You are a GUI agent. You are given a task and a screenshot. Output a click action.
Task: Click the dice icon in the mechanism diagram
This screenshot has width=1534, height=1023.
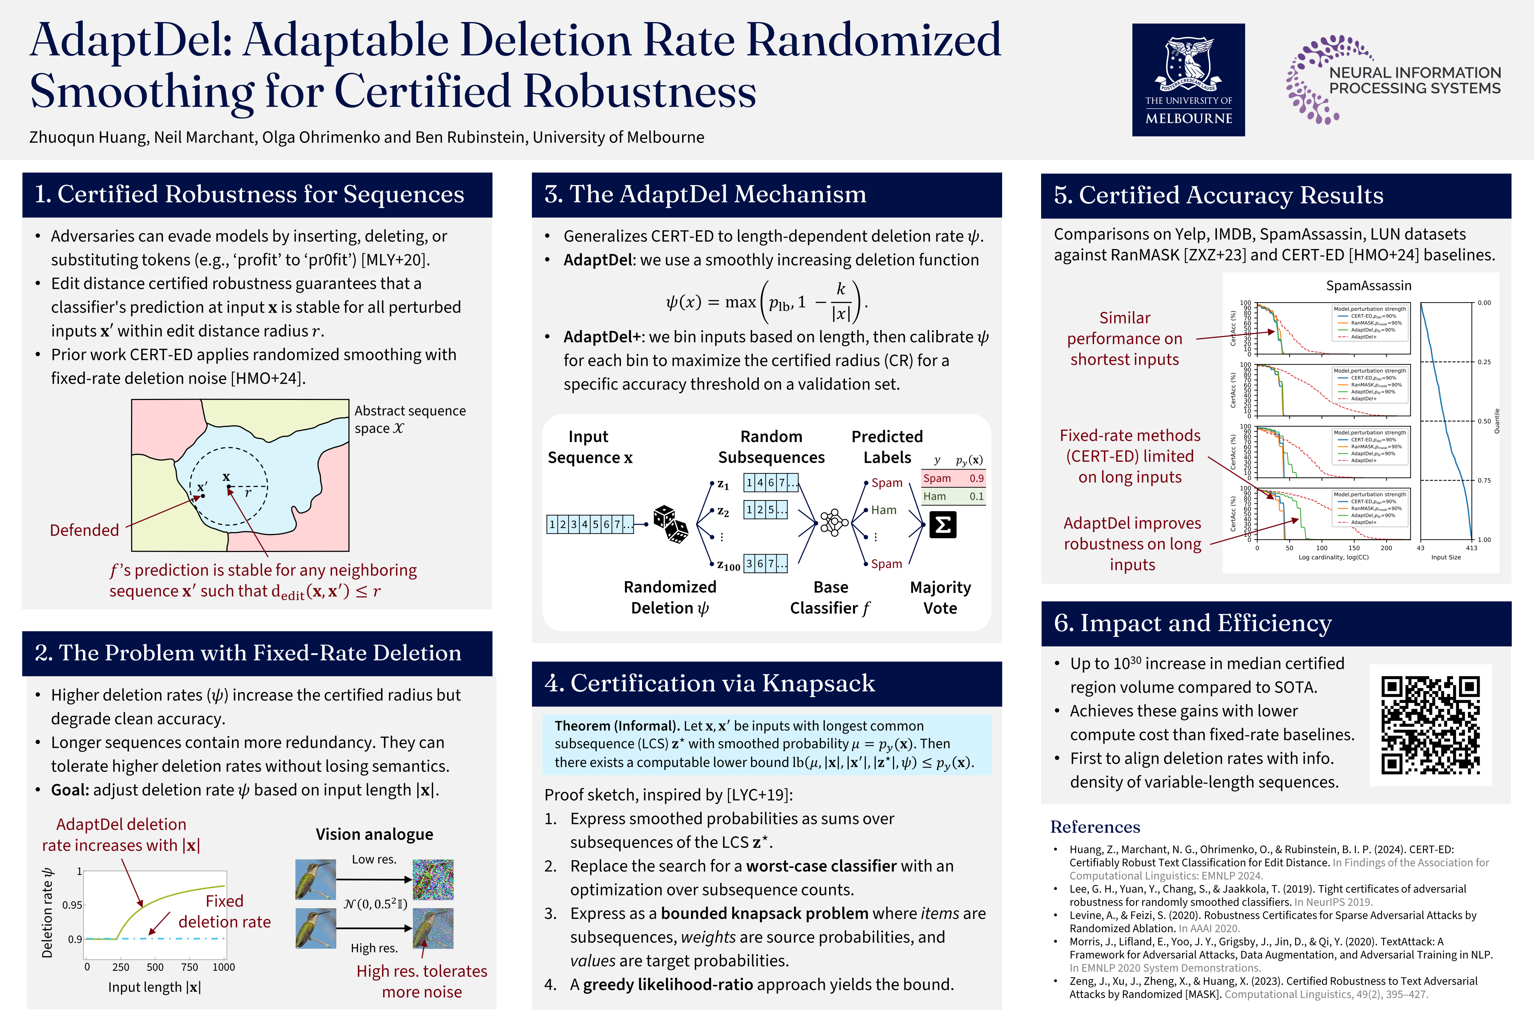670,523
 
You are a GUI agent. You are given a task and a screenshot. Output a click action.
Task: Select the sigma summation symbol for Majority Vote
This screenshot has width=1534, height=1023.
942,525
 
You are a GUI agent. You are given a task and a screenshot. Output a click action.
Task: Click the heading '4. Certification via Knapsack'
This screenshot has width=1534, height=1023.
709,683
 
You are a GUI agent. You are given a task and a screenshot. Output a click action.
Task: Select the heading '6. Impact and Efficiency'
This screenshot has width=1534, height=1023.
1192,623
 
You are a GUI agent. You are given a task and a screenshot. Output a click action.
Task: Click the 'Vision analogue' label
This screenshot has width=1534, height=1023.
374,834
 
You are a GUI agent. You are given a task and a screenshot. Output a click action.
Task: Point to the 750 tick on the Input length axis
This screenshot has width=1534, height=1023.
189,967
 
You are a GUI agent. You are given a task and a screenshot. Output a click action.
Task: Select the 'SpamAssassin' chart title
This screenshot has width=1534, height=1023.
1368,286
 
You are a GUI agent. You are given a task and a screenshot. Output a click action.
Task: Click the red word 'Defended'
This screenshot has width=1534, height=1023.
84,530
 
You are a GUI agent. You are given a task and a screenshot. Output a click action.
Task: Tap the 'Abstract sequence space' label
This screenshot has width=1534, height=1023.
409,419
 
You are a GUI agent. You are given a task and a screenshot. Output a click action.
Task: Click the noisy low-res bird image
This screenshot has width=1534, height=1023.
433,879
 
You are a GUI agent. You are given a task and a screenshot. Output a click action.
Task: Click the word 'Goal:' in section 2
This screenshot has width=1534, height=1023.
70,790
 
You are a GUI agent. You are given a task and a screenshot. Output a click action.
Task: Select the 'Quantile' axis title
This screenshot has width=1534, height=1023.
1497,421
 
